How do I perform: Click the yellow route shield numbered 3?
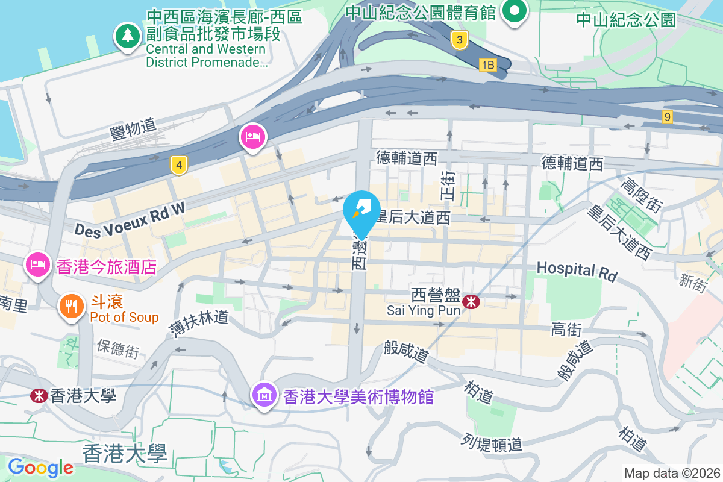pyautogui.click(x=460, y=40)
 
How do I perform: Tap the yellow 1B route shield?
pyautogui.click(x=488, y=64)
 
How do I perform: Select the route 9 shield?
pyautogui.click(x=667, y=117)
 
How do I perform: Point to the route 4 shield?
pyautogui.click(x=177, y=164)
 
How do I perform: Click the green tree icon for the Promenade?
pyautogui.click(x=127, y=36)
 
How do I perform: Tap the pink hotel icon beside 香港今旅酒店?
pyautogui.click(x=37, y=264)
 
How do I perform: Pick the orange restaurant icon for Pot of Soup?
pyautogui.click(x=71, y=306)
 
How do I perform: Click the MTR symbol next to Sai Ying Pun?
pyautogui.click(x=471, y=299)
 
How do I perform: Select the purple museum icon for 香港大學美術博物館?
pyautogui.click(x=264, y=396)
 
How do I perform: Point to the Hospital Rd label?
pyautogui.click(x=577, y=271)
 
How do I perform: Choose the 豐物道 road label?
pyautogui.click(x=133, y=128)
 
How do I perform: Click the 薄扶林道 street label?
pyautogui.click(x=199, y=325)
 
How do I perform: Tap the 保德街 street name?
pyautogui.click(x=118, y=349)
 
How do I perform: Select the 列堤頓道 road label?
pyautogui.click(x=493, y=443)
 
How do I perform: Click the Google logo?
pyautogui.click(x=40, y=468)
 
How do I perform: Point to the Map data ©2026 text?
pyautogui.click(x=672, y=473)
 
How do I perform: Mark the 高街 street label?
pyautogui.click(x=566, y=330)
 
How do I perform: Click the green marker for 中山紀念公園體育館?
pyautogui.click(x=515, y=11)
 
